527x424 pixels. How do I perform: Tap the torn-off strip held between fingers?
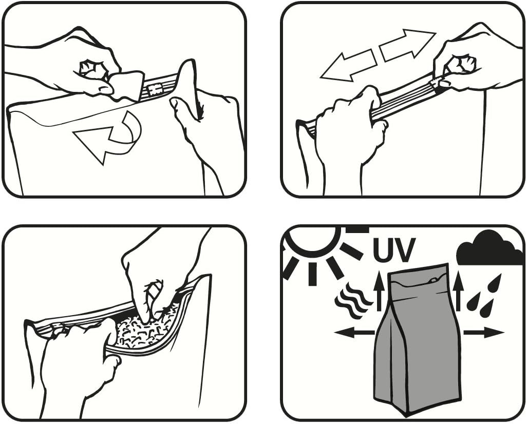click(x=126, y=86)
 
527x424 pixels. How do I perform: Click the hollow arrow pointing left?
click(x=348, y=66)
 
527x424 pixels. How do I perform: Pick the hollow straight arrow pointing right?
click(x=408, y=45)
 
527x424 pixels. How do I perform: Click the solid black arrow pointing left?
click(x=354, y=333)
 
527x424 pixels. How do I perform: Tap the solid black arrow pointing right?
click(x=484, y=333)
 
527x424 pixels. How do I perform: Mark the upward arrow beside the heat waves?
click(x=379, y=291)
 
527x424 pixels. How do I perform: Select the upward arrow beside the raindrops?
click(x=458, y=291)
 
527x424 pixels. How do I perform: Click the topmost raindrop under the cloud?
click(x=496, y=281)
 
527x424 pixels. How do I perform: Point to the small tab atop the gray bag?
click(x=434, y=279)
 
